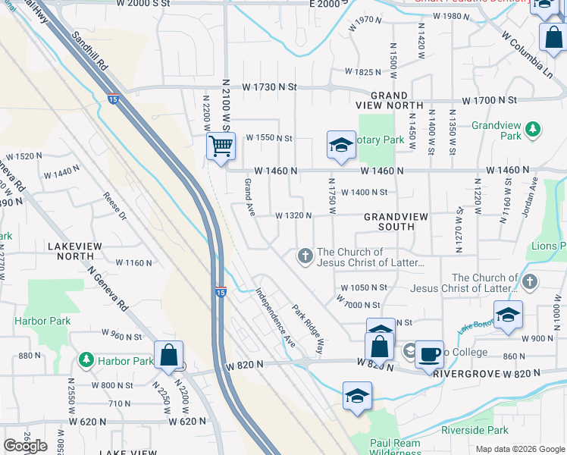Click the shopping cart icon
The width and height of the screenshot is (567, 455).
coord(221,145)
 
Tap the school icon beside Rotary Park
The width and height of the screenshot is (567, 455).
coord(341,144)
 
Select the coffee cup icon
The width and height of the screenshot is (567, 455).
coord(430,354)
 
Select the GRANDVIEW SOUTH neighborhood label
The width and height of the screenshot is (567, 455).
coord(396,221)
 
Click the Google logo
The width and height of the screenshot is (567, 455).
coord(25,446)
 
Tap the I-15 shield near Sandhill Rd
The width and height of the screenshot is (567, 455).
coord(114,99)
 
